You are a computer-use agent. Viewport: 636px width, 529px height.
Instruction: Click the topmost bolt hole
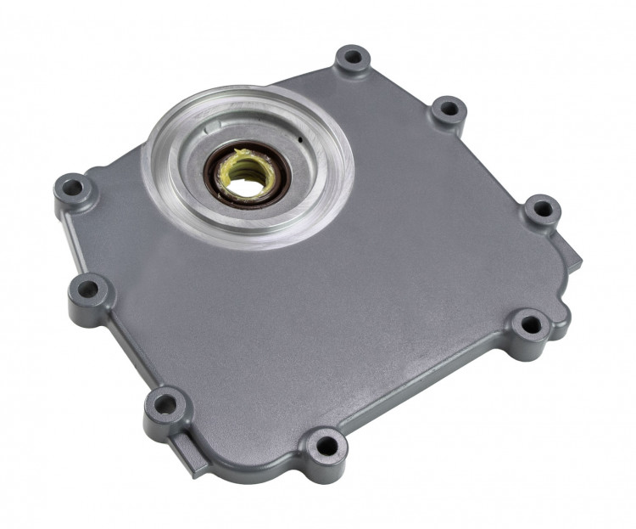351,59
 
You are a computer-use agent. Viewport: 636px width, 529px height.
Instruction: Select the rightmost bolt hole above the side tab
541,207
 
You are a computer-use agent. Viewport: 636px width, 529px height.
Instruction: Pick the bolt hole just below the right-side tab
530,324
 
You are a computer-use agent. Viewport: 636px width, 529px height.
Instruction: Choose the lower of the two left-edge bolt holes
87,290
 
